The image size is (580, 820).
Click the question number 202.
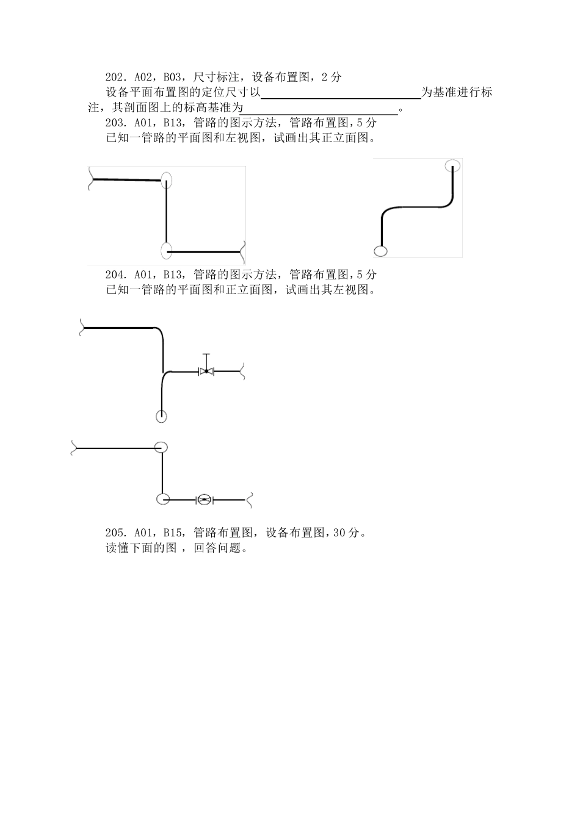coord(115,77)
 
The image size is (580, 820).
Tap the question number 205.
coord(115,533)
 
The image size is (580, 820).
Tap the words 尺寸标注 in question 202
coord(213,77)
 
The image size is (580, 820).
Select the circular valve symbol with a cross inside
coord(204,500)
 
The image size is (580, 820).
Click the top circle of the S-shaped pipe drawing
coord(452,165)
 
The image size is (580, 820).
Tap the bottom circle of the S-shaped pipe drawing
coord(380,251)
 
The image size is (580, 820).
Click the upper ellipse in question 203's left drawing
coord(166,180)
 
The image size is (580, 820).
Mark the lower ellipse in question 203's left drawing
coord(166,250)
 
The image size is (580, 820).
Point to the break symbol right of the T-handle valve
coord(242,370)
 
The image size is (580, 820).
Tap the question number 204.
coord(115,275)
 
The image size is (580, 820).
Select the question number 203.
coord(115,123)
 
